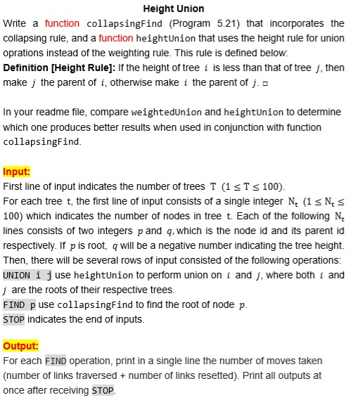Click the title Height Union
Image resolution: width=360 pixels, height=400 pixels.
click(174, 8)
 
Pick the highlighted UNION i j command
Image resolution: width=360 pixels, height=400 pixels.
click(29, 275)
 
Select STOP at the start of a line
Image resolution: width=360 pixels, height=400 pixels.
click(13, 319)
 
